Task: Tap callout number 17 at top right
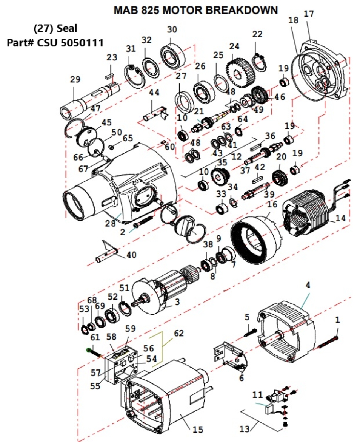[308, 14]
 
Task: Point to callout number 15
[198, 430]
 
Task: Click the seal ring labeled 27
[185, 102]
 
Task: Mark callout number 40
[131, 255]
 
